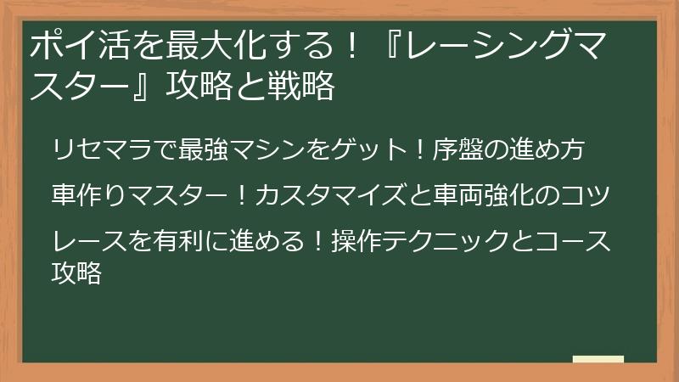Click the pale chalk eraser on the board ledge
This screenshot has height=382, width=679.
(598, 360)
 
